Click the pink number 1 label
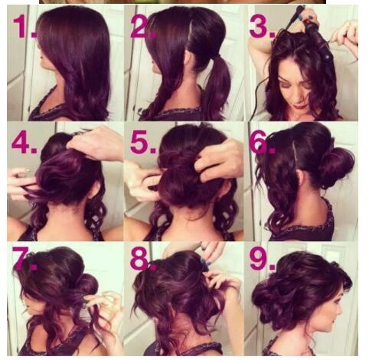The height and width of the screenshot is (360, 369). [x=24, y=27]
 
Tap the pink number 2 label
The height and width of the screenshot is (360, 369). [x=143, y=27]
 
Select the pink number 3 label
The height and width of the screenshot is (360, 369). [x=262, y=27]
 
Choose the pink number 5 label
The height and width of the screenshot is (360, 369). [x=143, y=142]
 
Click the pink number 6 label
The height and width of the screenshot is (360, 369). [x=262, y=142]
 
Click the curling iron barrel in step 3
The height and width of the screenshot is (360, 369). [x=319, y=41]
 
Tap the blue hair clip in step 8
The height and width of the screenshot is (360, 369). [x=204, y=263]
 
